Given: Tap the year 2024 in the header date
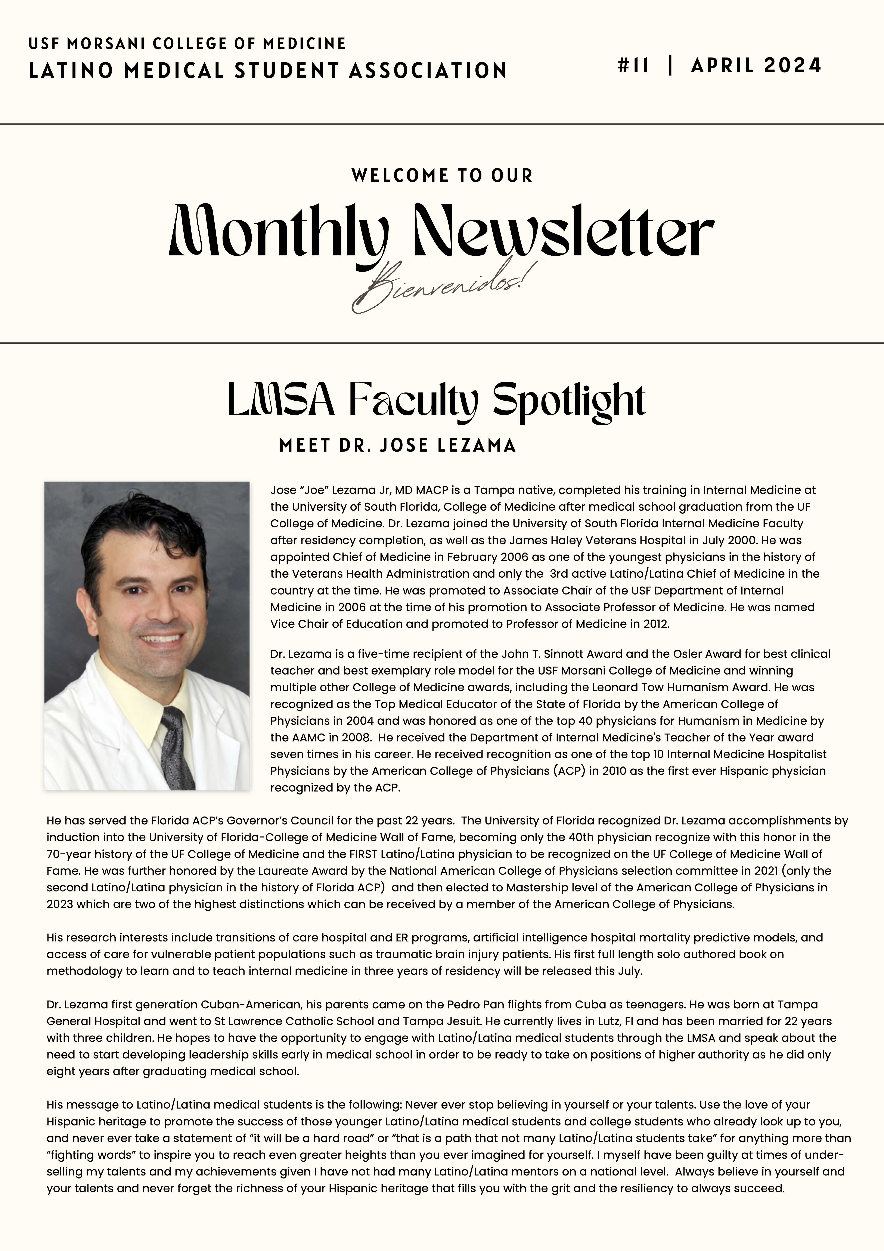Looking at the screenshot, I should pos(793,66).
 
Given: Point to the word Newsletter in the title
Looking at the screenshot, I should pos(564,231).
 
